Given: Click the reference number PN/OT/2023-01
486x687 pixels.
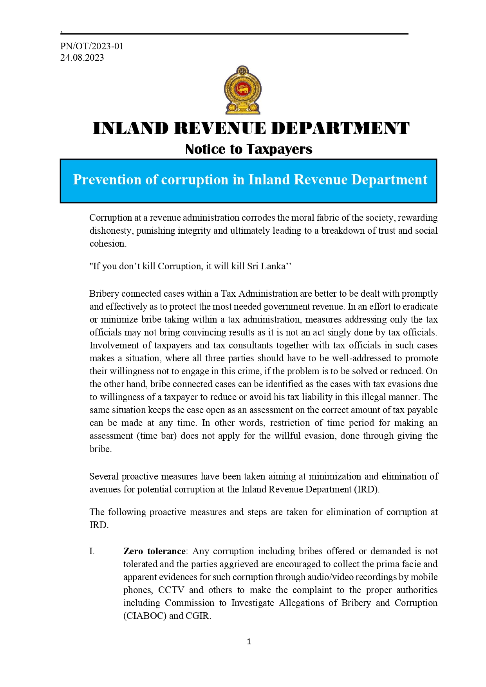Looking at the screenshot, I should tap(92, 46).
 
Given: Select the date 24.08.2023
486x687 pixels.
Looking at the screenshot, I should tap(82, 58).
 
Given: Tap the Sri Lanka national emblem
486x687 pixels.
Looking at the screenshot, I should tap(242, 90).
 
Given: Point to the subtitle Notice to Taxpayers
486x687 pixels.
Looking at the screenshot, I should tap(249, 149).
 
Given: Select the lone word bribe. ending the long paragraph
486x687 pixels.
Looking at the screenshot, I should tap(101, 449).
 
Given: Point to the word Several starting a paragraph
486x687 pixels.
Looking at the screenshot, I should tap(104, 476).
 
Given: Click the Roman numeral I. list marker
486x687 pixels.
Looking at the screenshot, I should tap(92, 551).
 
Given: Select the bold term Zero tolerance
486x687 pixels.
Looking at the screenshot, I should tap(154, 551).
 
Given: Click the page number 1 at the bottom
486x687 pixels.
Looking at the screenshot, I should tap(249, 642).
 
